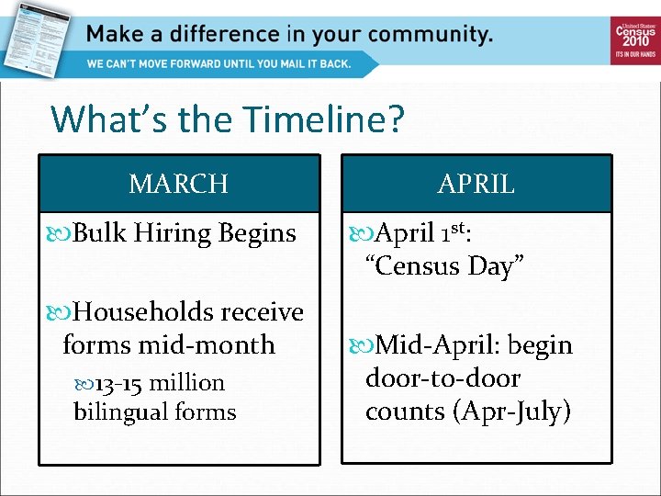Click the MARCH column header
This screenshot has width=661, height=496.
click(x=179, y=184)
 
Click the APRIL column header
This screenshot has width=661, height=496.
click(x=476, y=184)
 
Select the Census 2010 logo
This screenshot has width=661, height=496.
click(x=634, y=39)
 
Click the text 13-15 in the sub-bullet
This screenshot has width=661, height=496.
click(x=118, y=383)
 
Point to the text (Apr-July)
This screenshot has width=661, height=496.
click(x=512, y=411)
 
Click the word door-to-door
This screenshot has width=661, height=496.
click(x=443, y=378)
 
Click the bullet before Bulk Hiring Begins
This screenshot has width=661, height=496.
click(x=61, y=234)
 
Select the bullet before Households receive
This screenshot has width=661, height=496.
click(x=61, y=313)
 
